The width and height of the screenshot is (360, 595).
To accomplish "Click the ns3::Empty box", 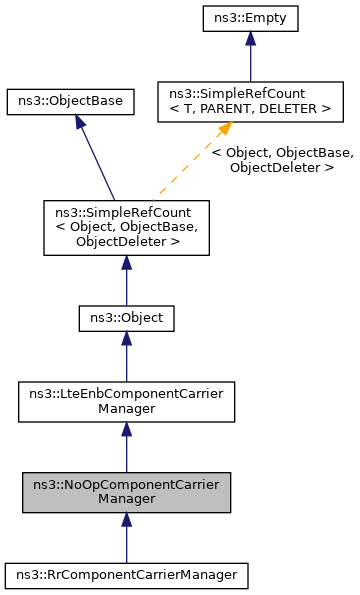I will (249, 17).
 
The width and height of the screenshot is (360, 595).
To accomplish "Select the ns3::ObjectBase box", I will (70, 102).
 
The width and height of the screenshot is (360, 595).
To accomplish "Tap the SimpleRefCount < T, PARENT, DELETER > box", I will (250, 102).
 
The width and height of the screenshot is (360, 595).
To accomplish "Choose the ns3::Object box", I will (127, 318).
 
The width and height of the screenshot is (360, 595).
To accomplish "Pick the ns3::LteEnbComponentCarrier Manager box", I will (126, 401).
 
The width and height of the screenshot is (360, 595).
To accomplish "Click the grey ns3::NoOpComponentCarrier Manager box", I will (126, 492).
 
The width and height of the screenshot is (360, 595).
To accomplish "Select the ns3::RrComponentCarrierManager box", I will (126, 575).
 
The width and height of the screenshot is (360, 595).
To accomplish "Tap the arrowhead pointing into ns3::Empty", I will (249, 38).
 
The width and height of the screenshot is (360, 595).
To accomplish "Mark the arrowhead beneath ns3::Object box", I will (126, 340).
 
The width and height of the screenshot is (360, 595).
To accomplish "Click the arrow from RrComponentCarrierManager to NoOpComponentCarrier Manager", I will (126, 540).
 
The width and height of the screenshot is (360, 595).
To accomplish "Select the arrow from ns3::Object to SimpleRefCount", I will (126, 280).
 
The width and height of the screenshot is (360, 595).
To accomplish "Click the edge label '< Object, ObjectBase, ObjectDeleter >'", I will (282, 160).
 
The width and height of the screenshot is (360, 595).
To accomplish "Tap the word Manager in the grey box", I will (126, 499).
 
